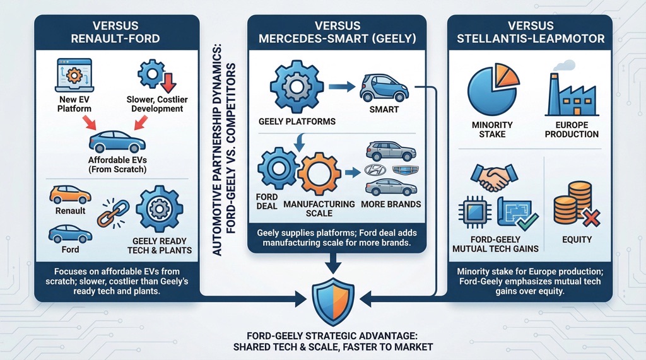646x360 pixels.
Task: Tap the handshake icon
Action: [x=491, y=177]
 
